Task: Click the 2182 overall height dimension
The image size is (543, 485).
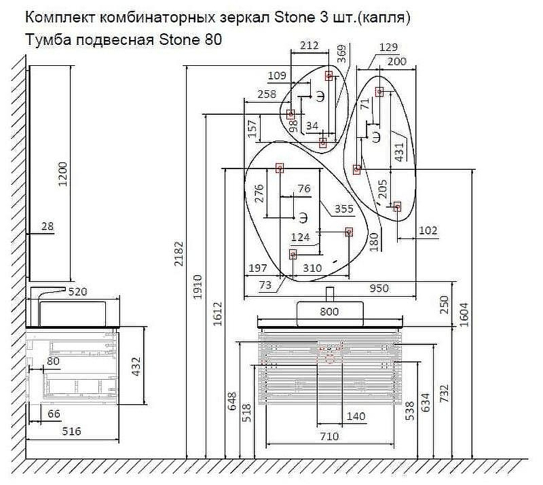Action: click(178, 264)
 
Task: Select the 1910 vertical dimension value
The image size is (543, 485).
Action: click(198, 286)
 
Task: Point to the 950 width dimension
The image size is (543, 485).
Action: click(379, 288)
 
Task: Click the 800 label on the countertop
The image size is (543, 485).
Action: click(329, 312)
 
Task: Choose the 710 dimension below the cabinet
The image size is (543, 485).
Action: click(329, 437)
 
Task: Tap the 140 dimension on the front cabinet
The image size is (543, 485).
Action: click(356, 416)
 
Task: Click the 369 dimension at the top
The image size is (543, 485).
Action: click(341, 53)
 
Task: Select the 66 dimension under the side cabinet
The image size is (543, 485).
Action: click(54, 414)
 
